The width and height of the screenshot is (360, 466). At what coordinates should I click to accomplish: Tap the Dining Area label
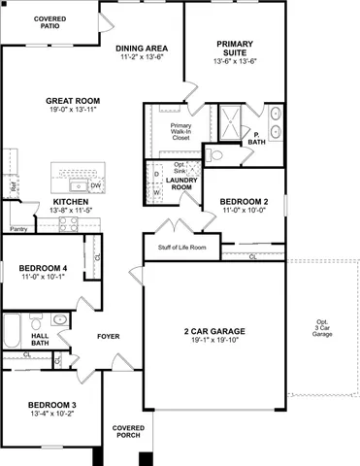(x=143, y=48)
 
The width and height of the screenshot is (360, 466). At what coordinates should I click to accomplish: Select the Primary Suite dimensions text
(x=235, y=59)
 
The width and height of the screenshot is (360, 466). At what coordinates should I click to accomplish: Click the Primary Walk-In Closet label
(x=180, y=131)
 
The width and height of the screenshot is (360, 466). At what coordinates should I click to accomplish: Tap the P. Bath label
(x=255, y=141)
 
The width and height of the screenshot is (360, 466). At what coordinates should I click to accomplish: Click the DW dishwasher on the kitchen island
(x=95, y=184)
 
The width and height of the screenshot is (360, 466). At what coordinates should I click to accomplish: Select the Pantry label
(x=17, y=229)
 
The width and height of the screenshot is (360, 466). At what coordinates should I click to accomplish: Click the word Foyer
(x=108, y=337)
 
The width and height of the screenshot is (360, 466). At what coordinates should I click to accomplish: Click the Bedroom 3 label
(x=51, y=403)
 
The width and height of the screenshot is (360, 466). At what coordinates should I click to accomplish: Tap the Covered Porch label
(x=128, y=431)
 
